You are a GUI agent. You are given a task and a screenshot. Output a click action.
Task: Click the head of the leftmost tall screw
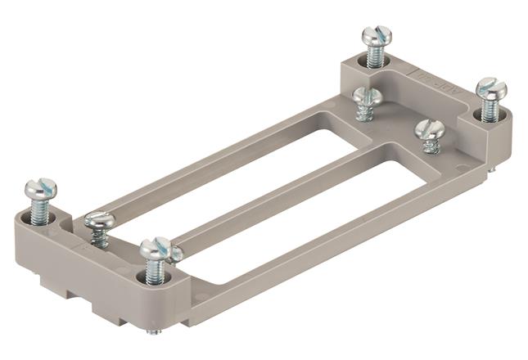(40, 188)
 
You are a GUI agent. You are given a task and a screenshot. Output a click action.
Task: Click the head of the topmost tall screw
(377, 36)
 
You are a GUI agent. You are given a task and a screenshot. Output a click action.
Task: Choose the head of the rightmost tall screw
(491, 88)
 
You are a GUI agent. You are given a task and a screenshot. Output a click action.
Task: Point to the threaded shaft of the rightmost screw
(490, 110)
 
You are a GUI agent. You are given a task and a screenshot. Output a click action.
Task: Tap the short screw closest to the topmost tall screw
(368, 97)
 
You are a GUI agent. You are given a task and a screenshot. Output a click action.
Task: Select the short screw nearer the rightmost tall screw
(429, 130)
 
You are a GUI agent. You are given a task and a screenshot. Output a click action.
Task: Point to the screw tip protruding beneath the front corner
(153, 331)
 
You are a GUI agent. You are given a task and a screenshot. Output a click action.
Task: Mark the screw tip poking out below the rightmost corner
(493, 169)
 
